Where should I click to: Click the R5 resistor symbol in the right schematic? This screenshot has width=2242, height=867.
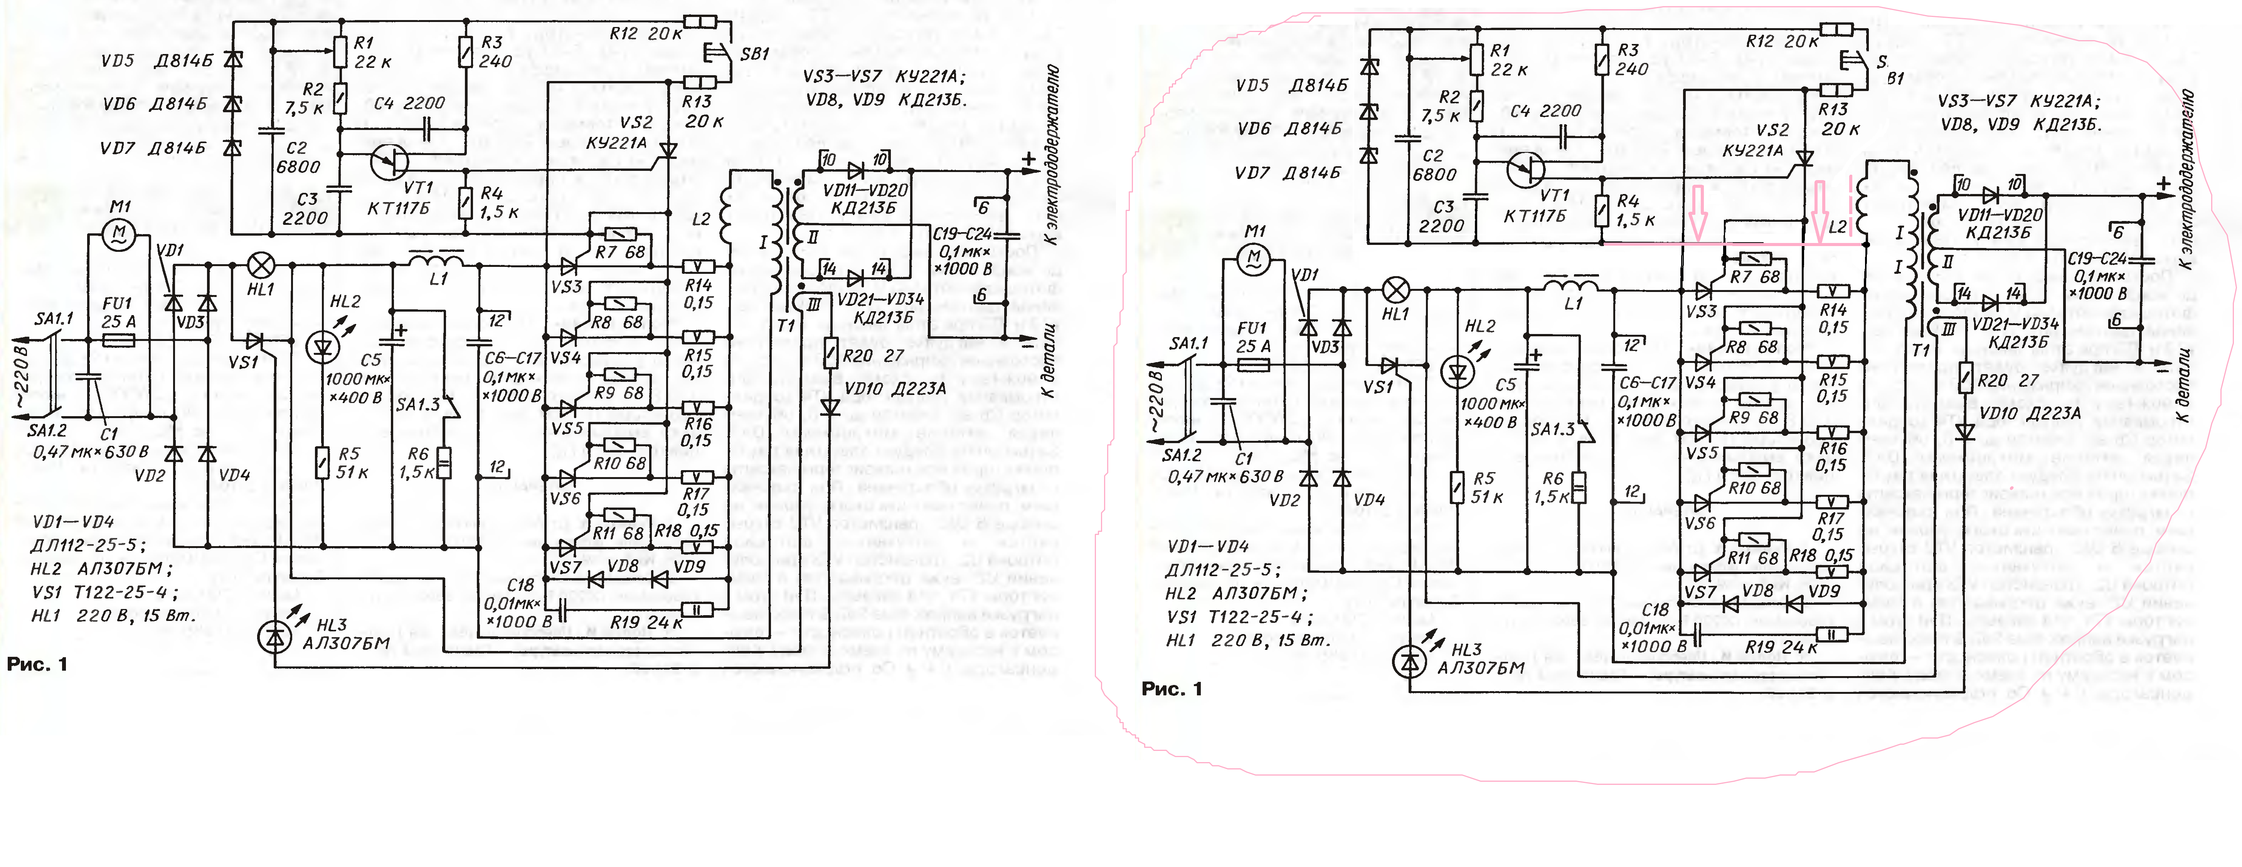[1456, 487]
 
